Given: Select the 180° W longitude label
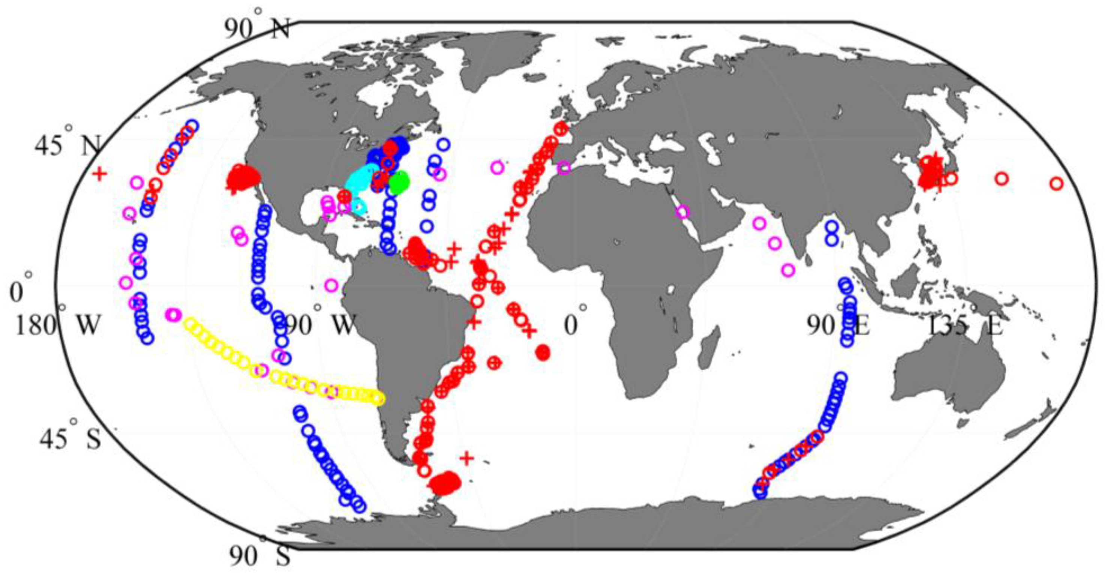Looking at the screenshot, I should (x=58, y=326).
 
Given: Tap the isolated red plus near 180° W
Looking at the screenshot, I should (x=99, y=174).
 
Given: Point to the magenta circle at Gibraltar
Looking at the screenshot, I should (x=564, y=168).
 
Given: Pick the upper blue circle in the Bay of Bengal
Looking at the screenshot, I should (x=832, y=227).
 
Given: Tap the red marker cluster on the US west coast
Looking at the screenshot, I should (x=243, y=178).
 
